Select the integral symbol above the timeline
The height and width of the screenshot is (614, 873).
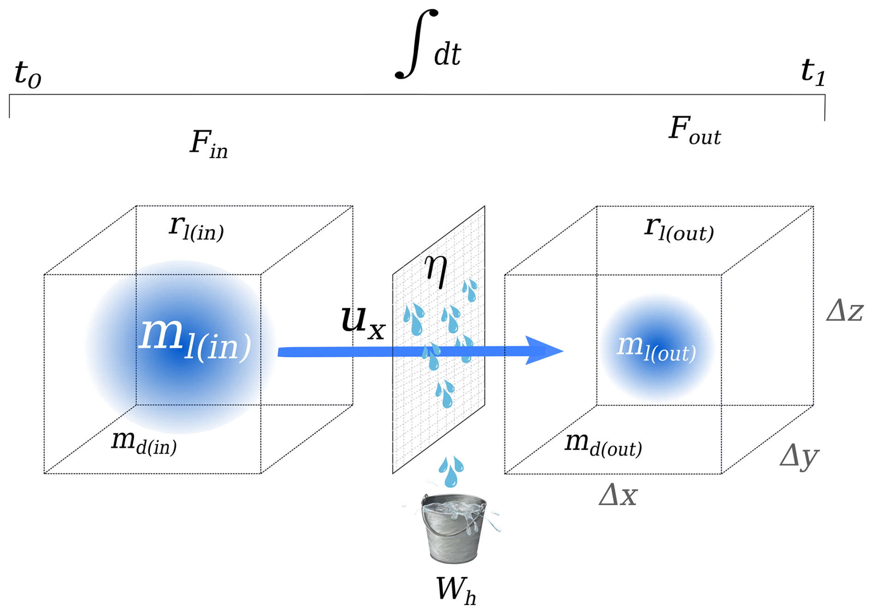pyautogui.click(x=416, y=44)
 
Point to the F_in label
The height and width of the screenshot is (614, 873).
pyautogui.click(x=209, y=143)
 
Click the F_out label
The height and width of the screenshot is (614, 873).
pyautogui.click(x=694, y=130)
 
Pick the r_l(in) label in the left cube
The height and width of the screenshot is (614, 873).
pyautogui.click(x=197, y=228)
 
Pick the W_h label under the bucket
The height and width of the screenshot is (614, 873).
pyautogui.click(x=456, y=590)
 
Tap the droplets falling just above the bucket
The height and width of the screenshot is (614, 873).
pyautogui.click(x=451, y=471)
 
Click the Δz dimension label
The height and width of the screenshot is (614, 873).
pyautogui.click(x=844, y=311)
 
